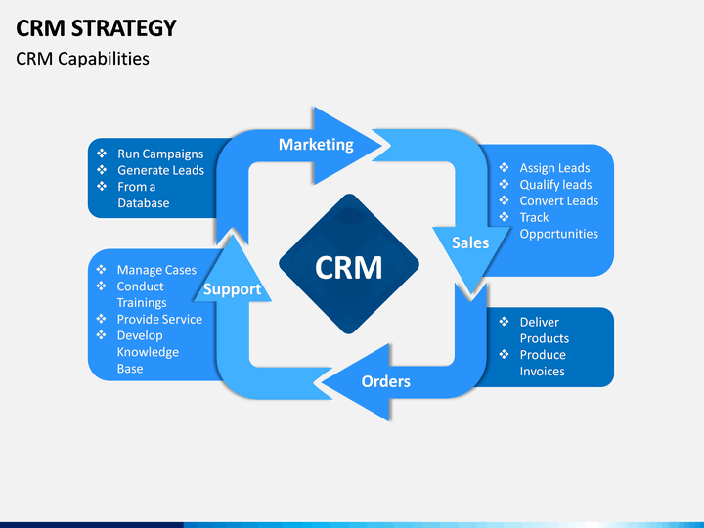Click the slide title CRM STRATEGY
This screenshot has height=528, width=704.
(x=97, y=27)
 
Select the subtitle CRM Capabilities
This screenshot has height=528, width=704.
(x=83, y=59)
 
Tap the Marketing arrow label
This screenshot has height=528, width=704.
(x=316, y=145)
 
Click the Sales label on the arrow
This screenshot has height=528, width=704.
(x=469, y=242)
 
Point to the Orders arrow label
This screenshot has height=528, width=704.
(x=385, y=381)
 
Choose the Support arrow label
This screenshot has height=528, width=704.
(x=232, y=289)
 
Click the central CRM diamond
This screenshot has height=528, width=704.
(x=349, y=267)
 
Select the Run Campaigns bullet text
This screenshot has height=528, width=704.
(x=160, y=154)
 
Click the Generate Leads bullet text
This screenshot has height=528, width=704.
(x=160, y=170)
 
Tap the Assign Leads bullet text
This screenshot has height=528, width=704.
(x=554, y=168)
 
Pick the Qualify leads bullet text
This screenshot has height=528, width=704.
(x=555, y=185)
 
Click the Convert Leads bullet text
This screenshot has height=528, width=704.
(x=558, y=201)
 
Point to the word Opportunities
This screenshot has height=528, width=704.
(x=558, y=235)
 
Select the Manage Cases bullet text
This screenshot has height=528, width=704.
(x=156, y=270)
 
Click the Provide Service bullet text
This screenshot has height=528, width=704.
(x=159, y=320)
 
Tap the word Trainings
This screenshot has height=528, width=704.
(x=142, y=303)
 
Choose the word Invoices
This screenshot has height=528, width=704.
(x=543, y=372)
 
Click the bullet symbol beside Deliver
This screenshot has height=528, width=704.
(x=504, y=322)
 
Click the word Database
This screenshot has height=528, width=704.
(x=144, y=203)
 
